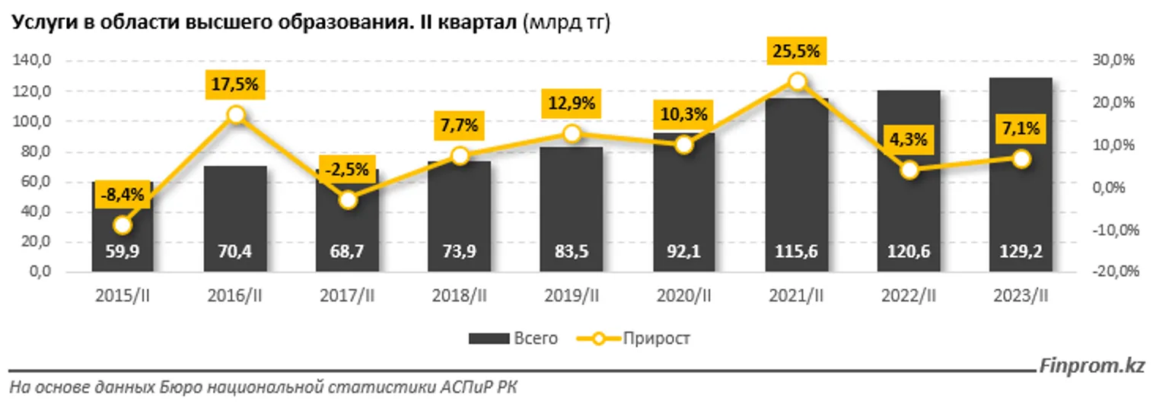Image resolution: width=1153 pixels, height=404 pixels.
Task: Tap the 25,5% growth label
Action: point(797,52)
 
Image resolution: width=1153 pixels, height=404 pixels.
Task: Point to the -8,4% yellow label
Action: point(123,196)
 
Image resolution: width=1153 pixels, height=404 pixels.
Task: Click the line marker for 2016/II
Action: point(236,115)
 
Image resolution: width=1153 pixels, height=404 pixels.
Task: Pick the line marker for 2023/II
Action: point(1021,158)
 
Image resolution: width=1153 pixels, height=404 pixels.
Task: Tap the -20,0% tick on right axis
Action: point(1115,272)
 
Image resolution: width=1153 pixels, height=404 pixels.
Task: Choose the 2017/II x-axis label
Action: point(348,296)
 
